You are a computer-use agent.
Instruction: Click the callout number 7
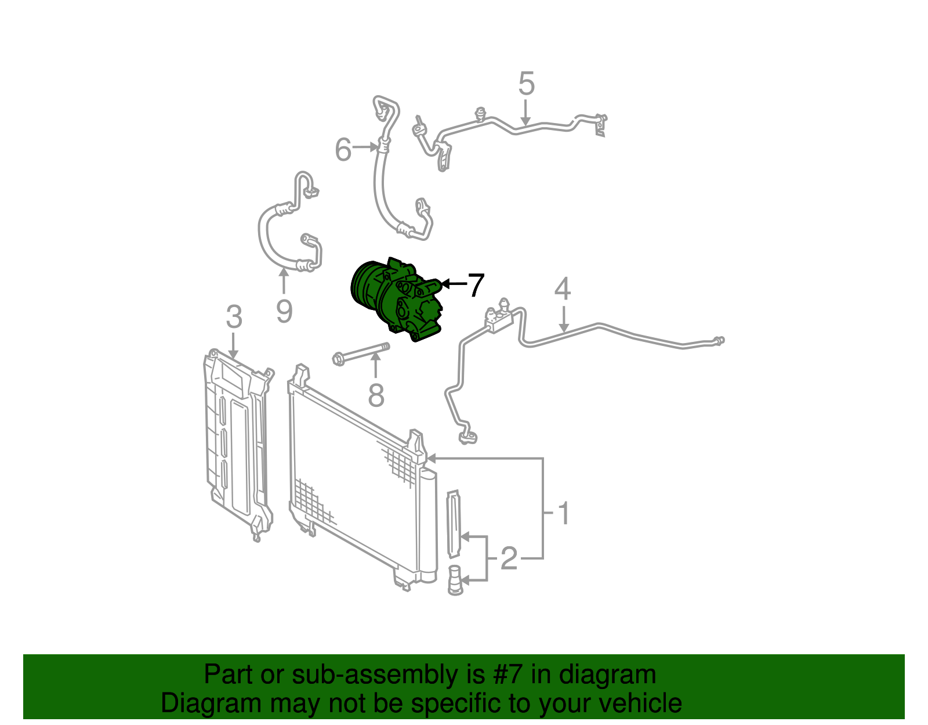[x=476, y=285]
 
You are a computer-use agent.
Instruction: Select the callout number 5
[x=526, y=84]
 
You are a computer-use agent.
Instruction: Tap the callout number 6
[x=343, y=150]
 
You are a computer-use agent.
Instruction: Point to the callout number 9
[x=284, y=311]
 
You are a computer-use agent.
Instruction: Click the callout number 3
[x=234, y=317]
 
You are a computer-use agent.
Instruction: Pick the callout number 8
[x=376, y=396]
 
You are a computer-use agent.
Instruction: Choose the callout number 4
[x=563, y=289]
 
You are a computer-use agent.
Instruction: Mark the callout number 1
[x=564, y=513]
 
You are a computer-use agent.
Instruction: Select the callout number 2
[x=509, y=558]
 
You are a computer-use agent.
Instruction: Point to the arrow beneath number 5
[x=525, y=113]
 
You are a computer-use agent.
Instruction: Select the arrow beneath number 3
[x=234, y=345]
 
